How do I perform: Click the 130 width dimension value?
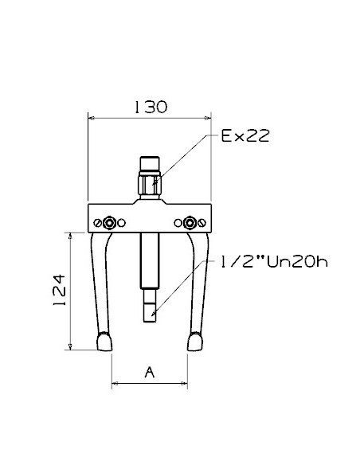coord(151,107)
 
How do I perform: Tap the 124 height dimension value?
coord(60,291)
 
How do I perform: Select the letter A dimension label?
coord(150,372)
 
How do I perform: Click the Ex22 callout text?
coord(245,136)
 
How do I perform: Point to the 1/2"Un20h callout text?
coord(273,262)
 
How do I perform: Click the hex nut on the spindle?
coord(150,185)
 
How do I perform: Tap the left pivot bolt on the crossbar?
coord(109,223)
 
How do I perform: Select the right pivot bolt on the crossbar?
coord(190,223)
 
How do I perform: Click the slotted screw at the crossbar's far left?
coord(97,223)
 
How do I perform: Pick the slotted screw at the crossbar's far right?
coord(202,223)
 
